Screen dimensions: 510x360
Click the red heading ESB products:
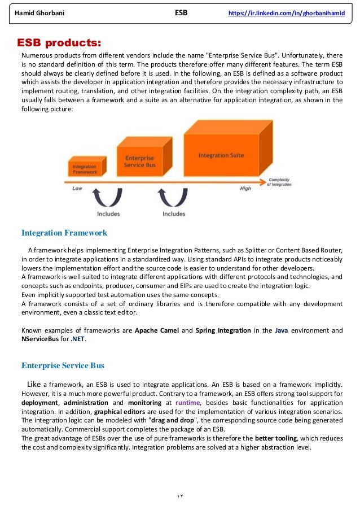click(x=60, y=42)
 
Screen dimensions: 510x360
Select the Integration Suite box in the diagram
click(x=221, y=155)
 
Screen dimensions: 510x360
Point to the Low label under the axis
click(x=77, y=189)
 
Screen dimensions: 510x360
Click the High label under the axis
click(x=245, y=189)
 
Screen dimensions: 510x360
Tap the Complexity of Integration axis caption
click(x=280, y=182)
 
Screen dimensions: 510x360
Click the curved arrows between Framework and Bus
click(x=108, y=198)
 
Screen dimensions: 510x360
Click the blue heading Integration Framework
click(x=64, y=232)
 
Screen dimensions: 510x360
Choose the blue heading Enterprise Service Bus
click(x=63, y=365)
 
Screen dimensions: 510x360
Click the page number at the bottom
click(x=179, y=495)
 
